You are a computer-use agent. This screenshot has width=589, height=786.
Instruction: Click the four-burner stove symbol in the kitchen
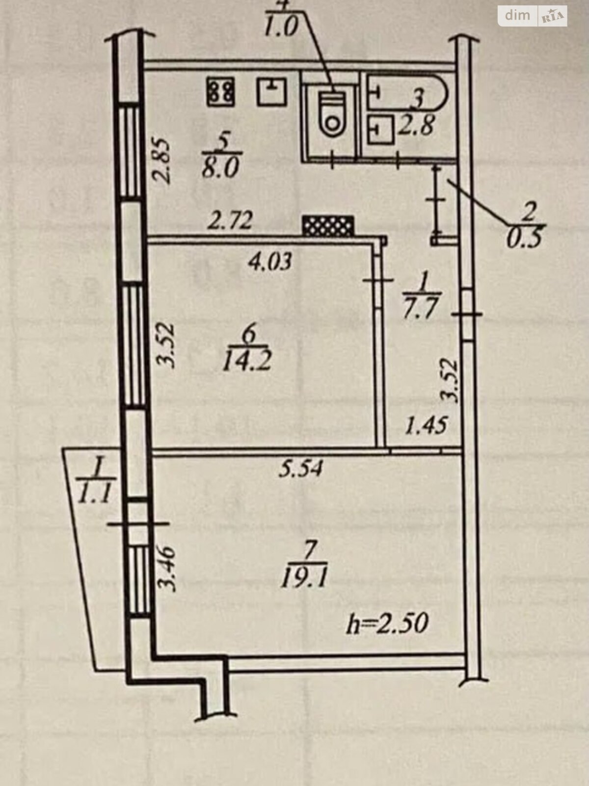(221, 92)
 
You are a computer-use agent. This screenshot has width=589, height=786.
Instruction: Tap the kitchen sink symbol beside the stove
(272, 92)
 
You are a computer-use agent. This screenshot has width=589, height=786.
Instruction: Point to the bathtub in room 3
(407, 92)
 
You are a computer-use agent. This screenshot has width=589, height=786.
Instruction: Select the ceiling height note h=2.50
(387, 624)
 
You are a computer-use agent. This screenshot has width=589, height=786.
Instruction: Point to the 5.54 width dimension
(301, 469)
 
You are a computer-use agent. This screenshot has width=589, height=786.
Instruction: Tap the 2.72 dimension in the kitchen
(230, 221)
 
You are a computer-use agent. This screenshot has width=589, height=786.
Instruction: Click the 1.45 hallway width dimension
(426, 425)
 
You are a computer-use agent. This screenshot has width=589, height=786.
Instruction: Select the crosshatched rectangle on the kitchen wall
(328, 226)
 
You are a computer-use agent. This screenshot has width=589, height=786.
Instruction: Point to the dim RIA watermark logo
(532, 16)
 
